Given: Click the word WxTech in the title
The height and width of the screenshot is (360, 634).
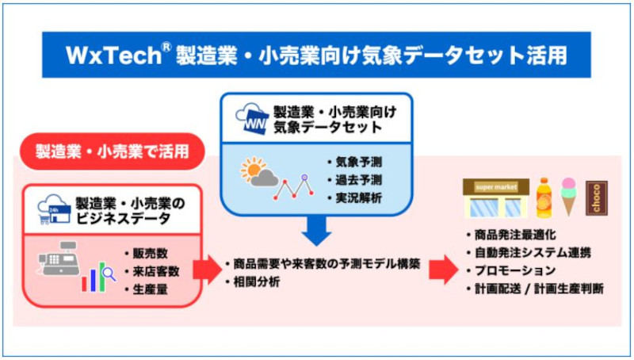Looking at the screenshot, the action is point(113,55).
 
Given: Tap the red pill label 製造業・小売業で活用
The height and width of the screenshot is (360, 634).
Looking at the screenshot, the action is point(112,151).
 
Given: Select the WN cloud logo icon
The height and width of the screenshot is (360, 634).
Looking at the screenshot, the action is point(251,117).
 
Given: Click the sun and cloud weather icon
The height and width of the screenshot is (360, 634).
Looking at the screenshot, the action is point(259,171).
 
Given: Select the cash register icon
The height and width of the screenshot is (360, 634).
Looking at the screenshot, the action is point(59,259).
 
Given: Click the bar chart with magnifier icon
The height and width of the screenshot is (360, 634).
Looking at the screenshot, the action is point(98,277).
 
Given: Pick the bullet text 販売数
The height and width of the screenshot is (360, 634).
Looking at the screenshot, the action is point(150,254).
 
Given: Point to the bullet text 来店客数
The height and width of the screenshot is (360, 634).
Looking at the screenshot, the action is point(156,271).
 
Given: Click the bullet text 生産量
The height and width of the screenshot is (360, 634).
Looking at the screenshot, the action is point(150,289).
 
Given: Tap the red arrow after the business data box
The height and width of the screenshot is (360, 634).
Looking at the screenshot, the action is point(208,270).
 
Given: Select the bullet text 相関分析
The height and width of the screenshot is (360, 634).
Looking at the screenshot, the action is point(256,282).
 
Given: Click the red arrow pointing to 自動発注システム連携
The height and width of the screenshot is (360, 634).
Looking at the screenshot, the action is point(444,270).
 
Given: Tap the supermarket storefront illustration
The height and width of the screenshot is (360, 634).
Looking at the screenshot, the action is point(496,198).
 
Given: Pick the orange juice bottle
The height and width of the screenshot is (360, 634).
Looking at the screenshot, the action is point(544,198).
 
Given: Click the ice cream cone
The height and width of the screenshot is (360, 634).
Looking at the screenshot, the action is point(568,197).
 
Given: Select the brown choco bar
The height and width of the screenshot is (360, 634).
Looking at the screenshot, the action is point(597,198).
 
